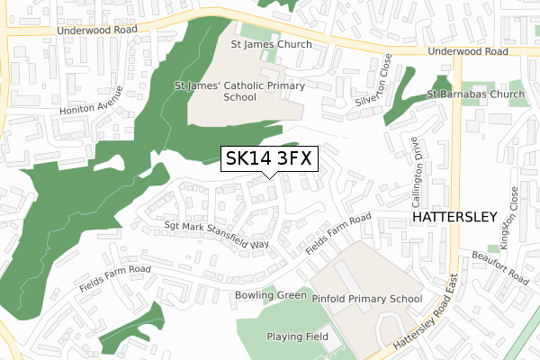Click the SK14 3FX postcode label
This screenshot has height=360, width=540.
point(269,158)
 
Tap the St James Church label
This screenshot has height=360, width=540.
point(271,44)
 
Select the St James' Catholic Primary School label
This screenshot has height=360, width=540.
point(239,91)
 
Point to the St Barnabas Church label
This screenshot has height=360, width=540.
point(475,94)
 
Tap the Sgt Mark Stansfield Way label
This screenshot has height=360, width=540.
point(217,235)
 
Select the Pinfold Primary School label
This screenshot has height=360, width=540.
point(366,298)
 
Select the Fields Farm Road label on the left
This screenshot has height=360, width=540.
point(113,269)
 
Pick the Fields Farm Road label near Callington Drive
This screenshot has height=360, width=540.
point(337,232)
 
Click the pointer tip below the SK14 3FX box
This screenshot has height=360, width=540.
point(269,177)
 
